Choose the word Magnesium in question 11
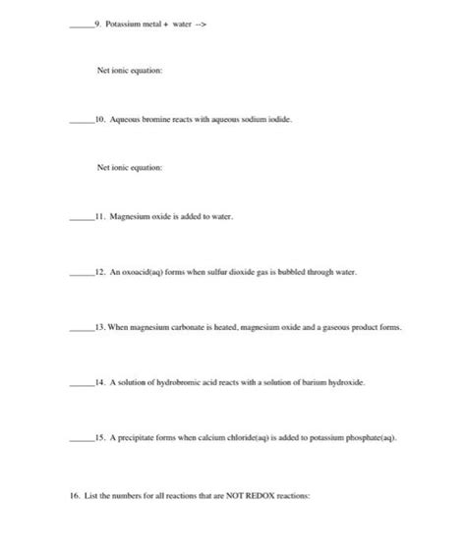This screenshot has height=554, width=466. click(129, 214)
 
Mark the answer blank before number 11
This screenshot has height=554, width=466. click(79, 216)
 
